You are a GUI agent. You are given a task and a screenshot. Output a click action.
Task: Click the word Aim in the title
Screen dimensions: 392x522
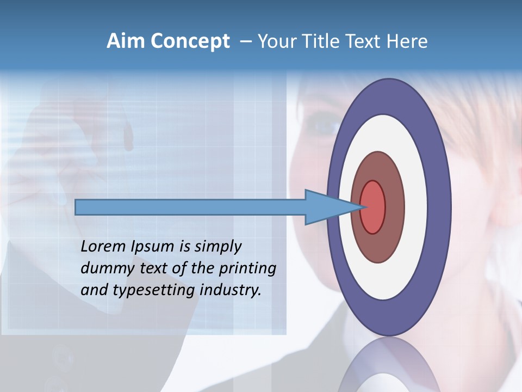[123, 41]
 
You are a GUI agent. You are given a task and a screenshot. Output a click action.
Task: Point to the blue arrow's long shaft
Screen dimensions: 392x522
[190, 207]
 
